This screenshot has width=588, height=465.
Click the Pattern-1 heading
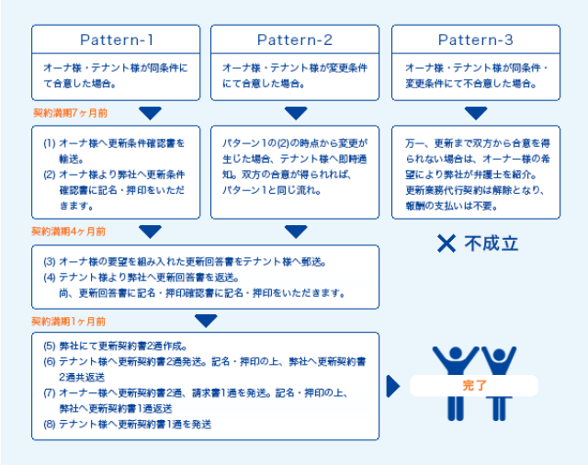click(116, 40)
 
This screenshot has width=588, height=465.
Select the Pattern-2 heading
click(295, 40)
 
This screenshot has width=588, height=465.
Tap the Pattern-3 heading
click(475, 40)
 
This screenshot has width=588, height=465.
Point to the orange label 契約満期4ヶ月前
click(69, 232)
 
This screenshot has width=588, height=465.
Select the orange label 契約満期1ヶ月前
click(69, 321)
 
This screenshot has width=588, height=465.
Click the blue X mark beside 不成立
click(447, 244)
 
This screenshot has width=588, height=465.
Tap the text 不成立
click(490, 244)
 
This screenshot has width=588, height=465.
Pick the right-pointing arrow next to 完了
click(393, 386)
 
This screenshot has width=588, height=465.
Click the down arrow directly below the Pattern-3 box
click(475, 113)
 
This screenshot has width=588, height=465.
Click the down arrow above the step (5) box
click(206, 321)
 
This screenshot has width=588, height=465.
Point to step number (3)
click(50, 261)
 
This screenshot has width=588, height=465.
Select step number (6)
click(50, 361)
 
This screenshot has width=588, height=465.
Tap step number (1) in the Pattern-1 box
click(50, 143)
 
